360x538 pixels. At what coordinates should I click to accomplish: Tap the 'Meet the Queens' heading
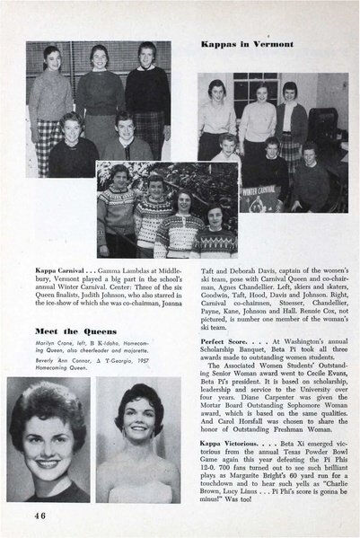pyautogui.click(x=58, y=329)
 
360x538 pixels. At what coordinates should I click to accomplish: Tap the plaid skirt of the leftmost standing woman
pyautogui.click(x=45, y=135)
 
